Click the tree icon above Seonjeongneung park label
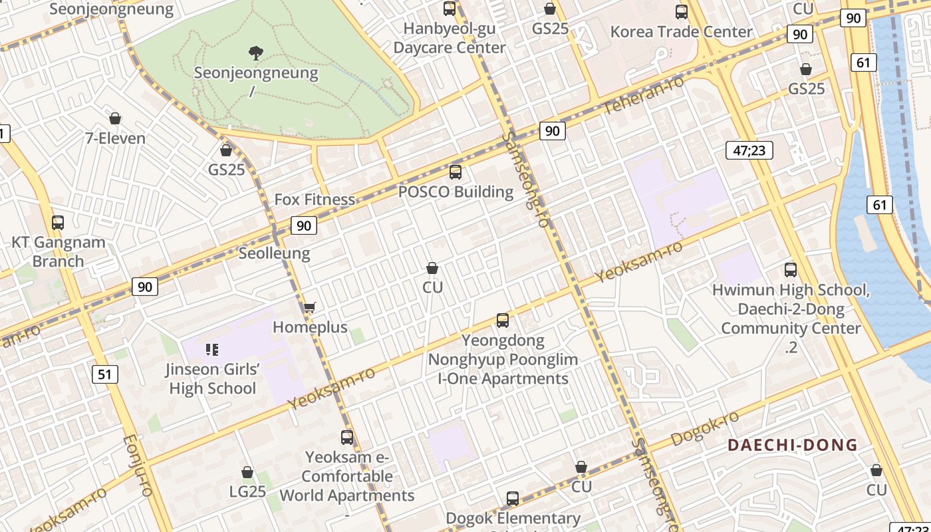(x=255, y=53)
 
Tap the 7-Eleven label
(x=115, y=138)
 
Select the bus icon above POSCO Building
(x=456, y=172)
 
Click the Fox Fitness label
(x=315, y=199)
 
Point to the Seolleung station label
(x=274, y=253)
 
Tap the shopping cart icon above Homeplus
(x=309, y=307)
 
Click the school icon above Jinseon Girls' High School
(x=212, y=349)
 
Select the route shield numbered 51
(x=104, y=374)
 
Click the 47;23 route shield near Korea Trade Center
(x=749, y=151)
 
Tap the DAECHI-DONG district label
(x=792, y=445)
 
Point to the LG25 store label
(x=247, y=491)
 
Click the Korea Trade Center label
(x=681, y=32)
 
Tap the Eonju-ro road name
(x=138, y=465)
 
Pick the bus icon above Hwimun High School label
(x=791, y=270)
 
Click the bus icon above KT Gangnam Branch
(x=58, y=223)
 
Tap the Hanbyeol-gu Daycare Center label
(x=450, y=38)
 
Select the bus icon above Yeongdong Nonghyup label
(x=503, y=321)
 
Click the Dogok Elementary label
(x=513, y=518)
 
